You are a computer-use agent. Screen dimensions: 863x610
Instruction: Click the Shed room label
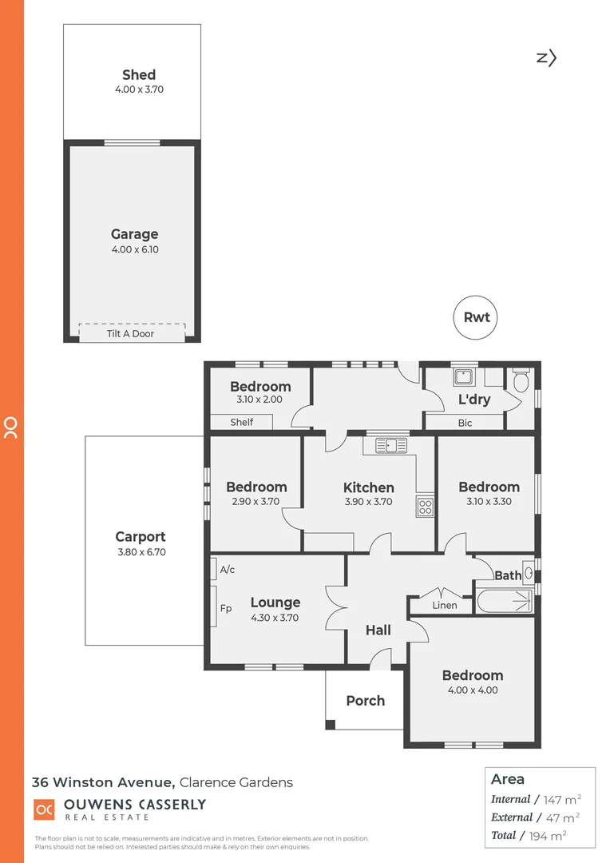(x=138, y=75)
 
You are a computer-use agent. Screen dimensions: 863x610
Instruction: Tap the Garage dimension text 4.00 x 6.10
(x=134, y=249)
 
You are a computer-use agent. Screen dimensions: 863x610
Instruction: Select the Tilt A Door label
(x=130, y=333)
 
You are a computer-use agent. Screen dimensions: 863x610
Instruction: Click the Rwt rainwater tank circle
(x=477, y=317)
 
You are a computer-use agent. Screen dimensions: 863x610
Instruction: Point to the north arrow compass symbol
(x=546, y=57)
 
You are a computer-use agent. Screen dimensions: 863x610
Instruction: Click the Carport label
(x=141, y=537)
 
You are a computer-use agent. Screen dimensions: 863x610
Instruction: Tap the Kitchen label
(x=368, y=487)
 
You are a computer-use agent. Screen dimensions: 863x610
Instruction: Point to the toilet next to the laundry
(x=521, y=380)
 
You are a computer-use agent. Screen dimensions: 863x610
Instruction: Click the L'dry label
(x=473, y=400)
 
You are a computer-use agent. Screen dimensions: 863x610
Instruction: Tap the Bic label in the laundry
(x=465, y=423)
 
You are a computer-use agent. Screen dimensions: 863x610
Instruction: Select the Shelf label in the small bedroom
(x=241, y=422)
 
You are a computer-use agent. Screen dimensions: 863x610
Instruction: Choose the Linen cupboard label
(x=444, y=605)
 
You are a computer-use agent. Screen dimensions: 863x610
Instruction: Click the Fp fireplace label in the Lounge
(x=226, y=609)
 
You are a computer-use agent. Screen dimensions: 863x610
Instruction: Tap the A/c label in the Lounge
(x=227, y=570)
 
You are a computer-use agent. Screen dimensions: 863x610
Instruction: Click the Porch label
(x=365, y=701)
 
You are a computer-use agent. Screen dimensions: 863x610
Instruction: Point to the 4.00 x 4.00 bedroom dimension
(x=473, y=690)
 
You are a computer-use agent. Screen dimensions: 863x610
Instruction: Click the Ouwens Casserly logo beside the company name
(x=44, y=809)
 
